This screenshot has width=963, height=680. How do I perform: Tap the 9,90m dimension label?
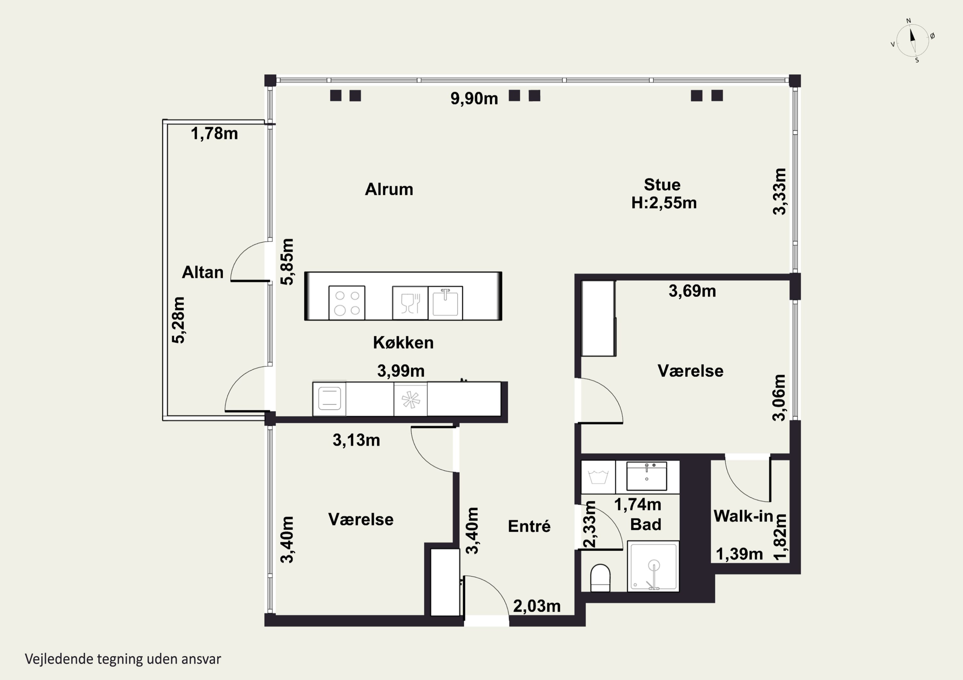click(474, 99)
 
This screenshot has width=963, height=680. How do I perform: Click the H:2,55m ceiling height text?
click(664, 203)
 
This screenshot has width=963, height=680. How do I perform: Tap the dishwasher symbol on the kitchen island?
click(410, 303)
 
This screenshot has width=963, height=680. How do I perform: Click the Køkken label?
click(403, 343)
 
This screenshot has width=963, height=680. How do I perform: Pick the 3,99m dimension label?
click(401, 371)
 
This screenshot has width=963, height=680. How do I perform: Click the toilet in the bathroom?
click(600, 578)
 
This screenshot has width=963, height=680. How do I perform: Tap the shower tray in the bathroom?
click(653, 566)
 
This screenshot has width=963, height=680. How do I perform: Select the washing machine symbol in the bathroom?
click(598, 477)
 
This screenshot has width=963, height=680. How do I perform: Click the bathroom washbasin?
click(646, 476)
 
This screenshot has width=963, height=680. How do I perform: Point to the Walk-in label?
click(743, 516)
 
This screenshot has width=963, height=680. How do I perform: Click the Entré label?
click(529, 526)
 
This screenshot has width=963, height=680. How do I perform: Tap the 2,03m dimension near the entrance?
click(537, 606)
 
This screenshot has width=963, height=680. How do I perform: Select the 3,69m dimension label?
click(692, 291)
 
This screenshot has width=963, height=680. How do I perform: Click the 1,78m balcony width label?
click(214, 134)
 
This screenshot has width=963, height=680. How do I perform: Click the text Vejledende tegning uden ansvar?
click(123, 659)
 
